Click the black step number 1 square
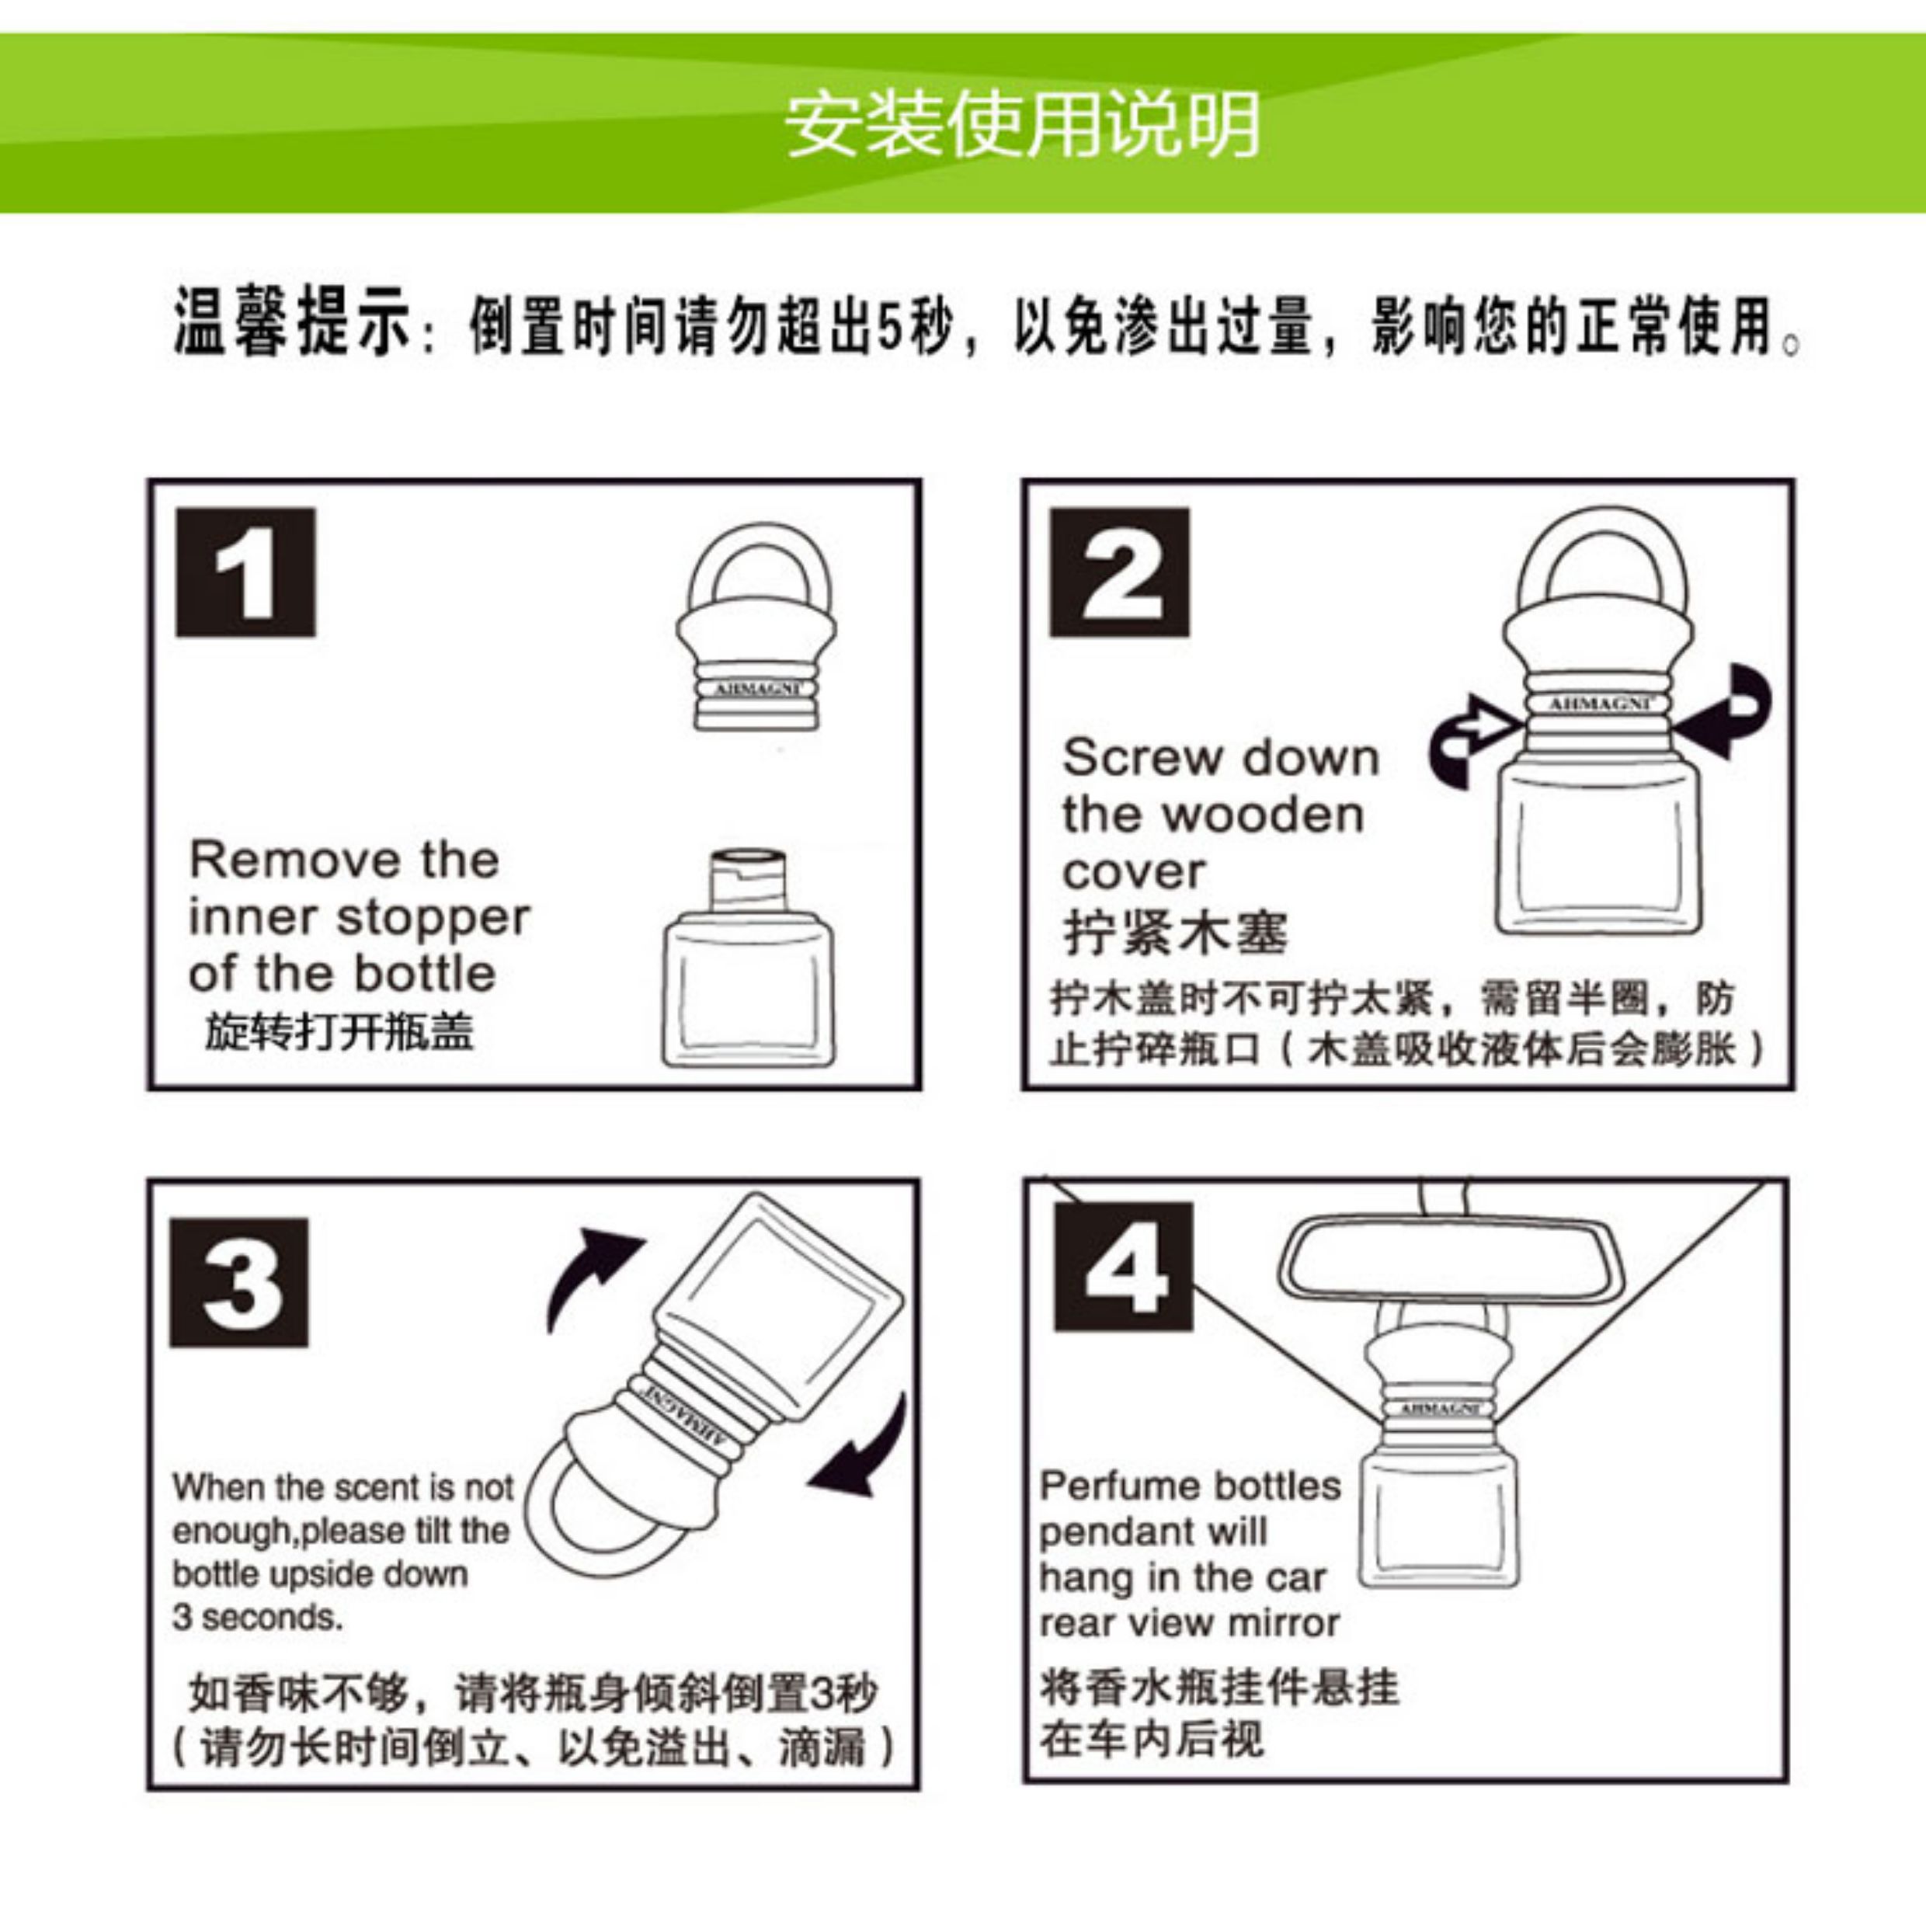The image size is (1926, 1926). coord(245,572)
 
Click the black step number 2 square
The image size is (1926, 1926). coord(1120,572)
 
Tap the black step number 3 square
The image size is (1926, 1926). coord(239,1282)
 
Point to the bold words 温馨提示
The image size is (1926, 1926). coord(291,321)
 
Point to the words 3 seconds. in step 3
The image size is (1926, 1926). coord(257,1617)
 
